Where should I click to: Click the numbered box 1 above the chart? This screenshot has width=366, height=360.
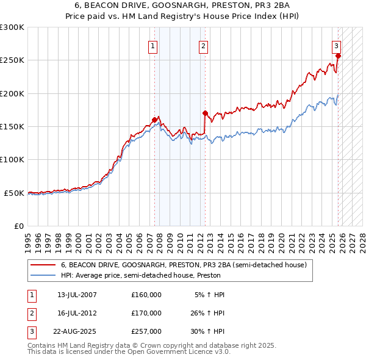[152, 45]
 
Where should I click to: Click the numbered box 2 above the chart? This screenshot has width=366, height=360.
[203, 45]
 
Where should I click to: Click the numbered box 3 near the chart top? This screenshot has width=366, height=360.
[336, 45]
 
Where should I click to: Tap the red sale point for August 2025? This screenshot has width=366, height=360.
[339, 56]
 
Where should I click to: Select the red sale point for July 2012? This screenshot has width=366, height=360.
[205, 113]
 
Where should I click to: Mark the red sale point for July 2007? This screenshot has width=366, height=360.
[154, 120]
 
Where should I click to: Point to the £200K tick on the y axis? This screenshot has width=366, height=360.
[13, 94]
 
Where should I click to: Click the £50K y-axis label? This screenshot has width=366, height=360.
[15, 193]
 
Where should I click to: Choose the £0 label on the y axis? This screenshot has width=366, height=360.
[19, 226]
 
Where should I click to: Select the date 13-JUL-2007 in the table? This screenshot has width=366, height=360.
[77, 295]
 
